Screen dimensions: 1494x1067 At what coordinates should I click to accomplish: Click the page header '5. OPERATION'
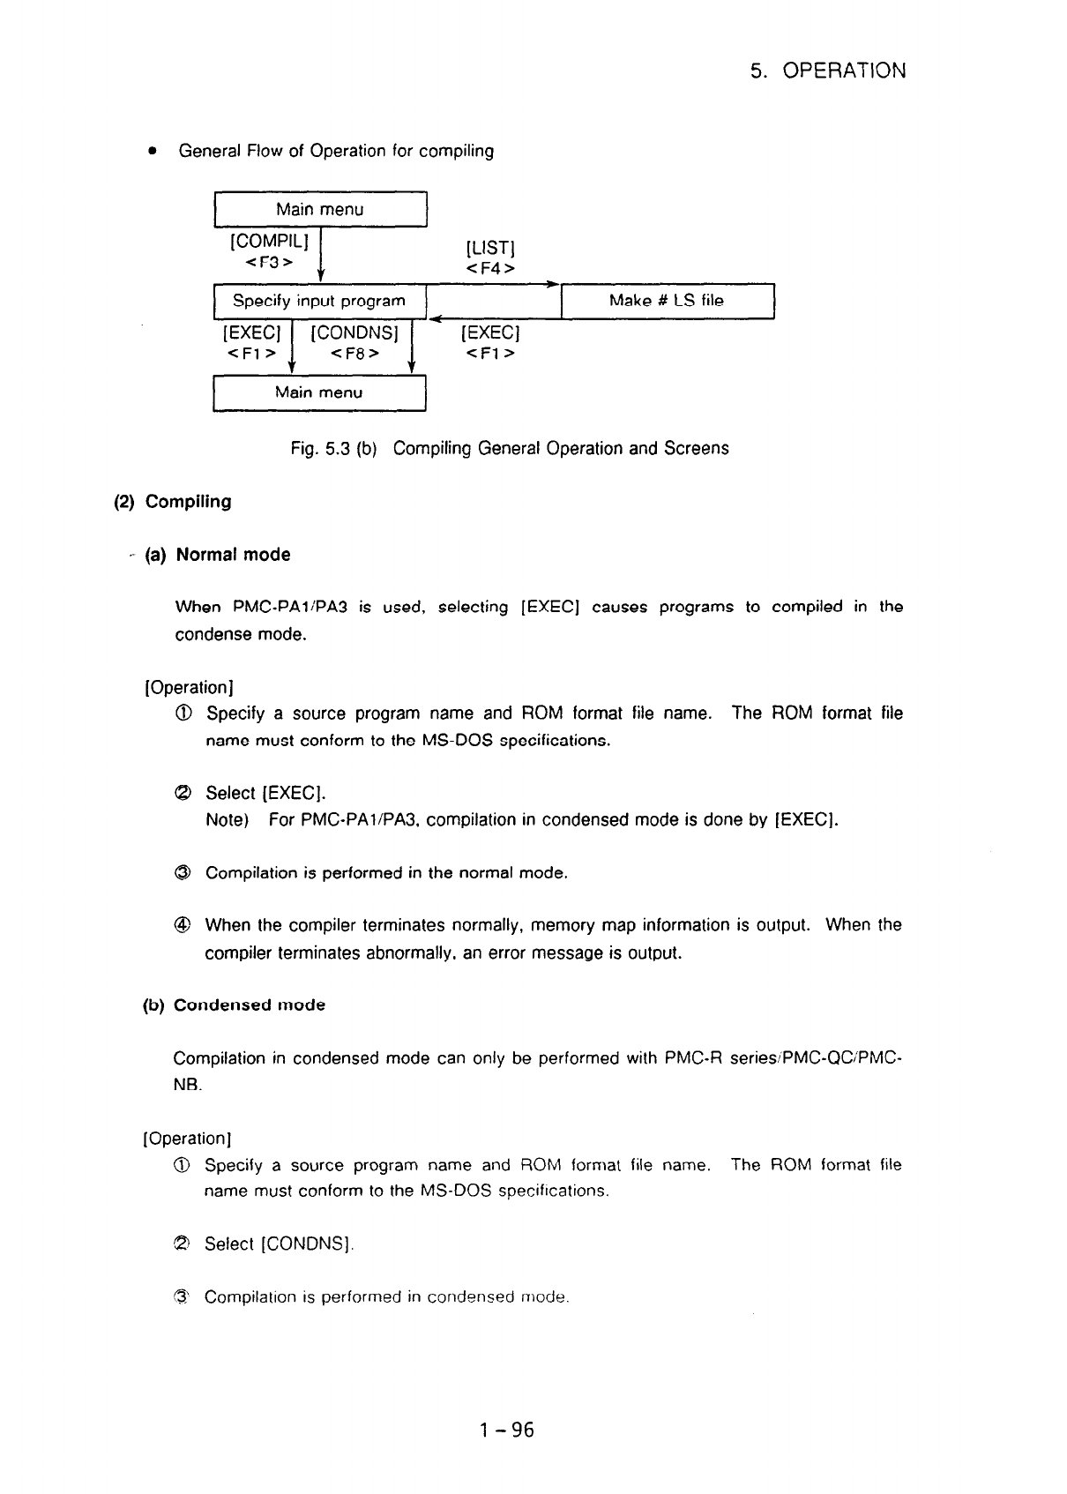pyautogui.click(x=827, y=71)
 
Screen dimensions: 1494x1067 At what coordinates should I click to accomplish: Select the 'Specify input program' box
pyautogui.click(x=319, y=301)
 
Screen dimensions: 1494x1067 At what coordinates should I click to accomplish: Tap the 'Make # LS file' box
pyautogui.click(x=667, y=301)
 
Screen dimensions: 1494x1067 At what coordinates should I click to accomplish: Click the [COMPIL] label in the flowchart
pyautogui.click(x=269, y=240)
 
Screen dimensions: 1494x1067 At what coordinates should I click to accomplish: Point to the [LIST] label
pyautogui.click(x=490, y=248)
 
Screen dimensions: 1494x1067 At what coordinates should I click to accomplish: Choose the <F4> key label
pyautogui.click(x=490, y=268)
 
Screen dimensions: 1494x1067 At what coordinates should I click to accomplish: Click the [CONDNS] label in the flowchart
pyautogui.click(x=354, y=333)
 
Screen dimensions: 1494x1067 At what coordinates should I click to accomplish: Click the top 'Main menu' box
pyautogui.click(x=319, y=209)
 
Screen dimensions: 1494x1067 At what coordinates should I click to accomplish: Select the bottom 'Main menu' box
pyautogui.click(x=318, y=392)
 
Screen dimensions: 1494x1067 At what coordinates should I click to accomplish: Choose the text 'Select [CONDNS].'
pyautogui.click(x=279, y=1244)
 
